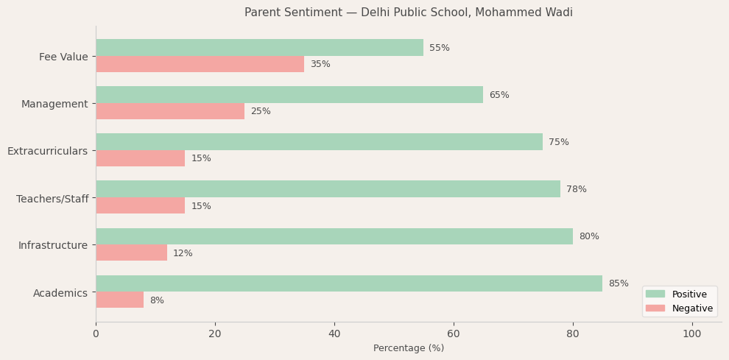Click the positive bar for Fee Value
(259, 48)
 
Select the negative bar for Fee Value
(200, 64)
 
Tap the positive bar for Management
(289, 95)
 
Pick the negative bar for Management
(170, 111)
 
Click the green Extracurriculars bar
(319, 142)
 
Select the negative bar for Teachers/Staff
(140, 205)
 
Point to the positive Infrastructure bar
(334, 236)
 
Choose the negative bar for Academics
(119, 300)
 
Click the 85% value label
(619, 283)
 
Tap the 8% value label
(157, 300)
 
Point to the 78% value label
(577, 189)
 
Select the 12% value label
(183, 253)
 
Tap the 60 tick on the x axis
(454, 334)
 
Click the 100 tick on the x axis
(692, 334)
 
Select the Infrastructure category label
(53, 245)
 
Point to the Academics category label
(60, 293)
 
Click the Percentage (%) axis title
(409, 348)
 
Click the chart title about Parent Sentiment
(409, 13)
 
